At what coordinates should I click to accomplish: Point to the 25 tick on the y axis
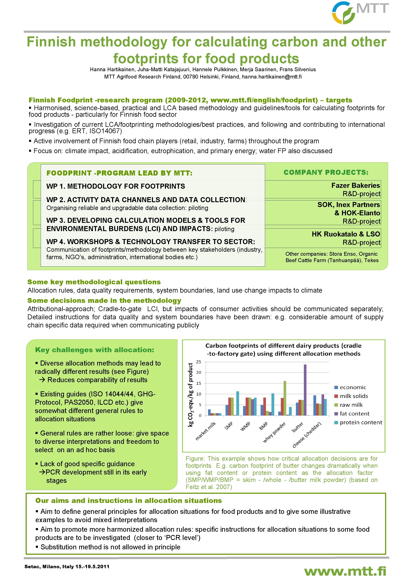199,362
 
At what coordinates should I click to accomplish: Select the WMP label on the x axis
245,426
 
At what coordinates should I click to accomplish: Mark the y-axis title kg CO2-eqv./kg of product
190,394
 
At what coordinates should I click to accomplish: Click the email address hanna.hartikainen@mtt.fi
272,77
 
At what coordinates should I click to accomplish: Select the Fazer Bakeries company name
355,185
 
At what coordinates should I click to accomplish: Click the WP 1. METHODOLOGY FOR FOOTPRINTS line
116,186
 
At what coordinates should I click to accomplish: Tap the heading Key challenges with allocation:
95,350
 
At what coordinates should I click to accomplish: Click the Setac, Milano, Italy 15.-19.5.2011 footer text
67,567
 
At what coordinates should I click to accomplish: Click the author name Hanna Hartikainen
113,69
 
